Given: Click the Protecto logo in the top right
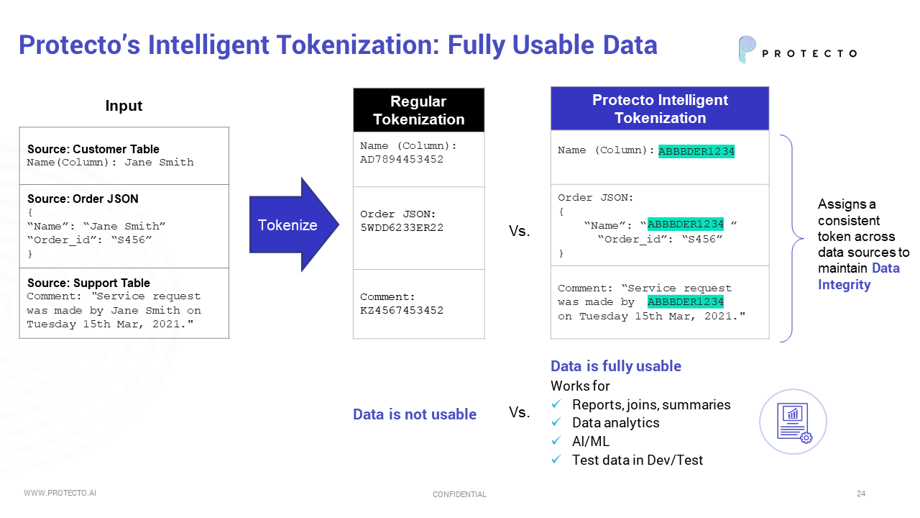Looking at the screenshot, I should pos(797,50).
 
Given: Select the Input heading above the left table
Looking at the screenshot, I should pos(124,106).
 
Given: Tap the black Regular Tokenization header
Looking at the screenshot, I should pos(418,110).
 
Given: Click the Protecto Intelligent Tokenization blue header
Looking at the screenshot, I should pos(659,109).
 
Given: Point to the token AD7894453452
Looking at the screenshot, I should pos(402,160).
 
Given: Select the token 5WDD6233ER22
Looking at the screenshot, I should pos(402,228).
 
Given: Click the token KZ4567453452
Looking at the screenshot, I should pos(402,311).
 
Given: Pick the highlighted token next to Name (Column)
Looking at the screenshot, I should pos(696,151).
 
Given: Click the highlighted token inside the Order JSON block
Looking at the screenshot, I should pos(685,224).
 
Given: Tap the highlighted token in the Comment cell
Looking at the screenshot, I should pos(685,302).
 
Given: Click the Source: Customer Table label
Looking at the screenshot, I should pos(93,149).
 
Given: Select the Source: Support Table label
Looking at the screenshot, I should pos(88,283).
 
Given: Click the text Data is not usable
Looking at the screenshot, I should pos(415,414).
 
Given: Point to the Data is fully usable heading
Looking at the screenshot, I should pos(615,366).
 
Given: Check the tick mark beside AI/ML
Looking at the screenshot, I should pos(556,441).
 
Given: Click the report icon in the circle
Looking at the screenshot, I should pos(793,422).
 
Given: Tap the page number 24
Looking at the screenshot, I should pos(860,494).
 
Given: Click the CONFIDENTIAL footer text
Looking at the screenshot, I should pos(459,494).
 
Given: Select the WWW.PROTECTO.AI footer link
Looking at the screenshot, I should pos(60,494).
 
